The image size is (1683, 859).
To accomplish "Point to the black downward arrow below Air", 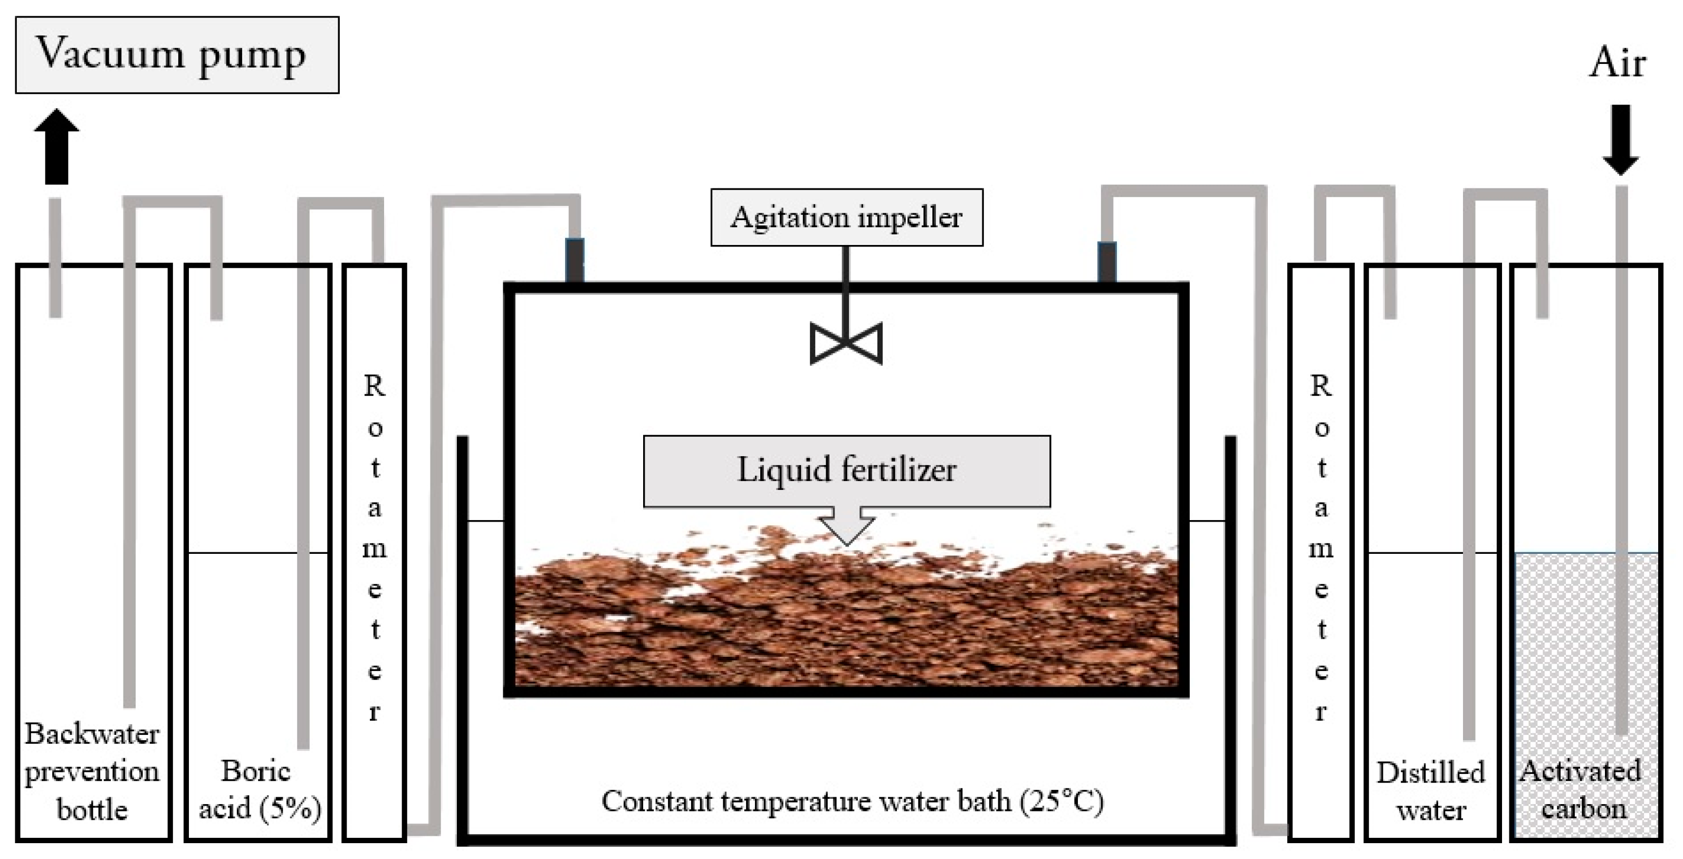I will click(x=1621, y=140).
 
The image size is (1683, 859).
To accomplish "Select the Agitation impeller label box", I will click(x=847, y=218).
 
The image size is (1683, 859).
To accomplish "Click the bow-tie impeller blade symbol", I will click(x=846, y=343).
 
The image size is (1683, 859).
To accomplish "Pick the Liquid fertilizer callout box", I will click(x=847, y=471).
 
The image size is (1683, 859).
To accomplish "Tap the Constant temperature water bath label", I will click(x=853, y=801).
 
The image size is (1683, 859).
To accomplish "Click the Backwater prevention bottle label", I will click(x=92, y=772).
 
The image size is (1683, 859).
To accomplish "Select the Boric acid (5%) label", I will click(x=259, y=790).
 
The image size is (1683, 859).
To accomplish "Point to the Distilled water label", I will click(x=1431, y=791).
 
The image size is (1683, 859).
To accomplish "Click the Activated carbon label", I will click(x=1581, y=790).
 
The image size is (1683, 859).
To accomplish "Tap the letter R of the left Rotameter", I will click(x=375, y=386).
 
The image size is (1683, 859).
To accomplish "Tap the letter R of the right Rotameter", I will click(x=1321, y=386).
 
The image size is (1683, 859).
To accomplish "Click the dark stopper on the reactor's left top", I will click(x=575, y=260).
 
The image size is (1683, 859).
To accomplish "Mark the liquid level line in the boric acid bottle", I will click(x=242, y=553).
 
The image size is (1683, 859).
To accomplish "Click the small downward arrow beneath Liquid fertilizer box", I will click(x=847, y=526).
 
